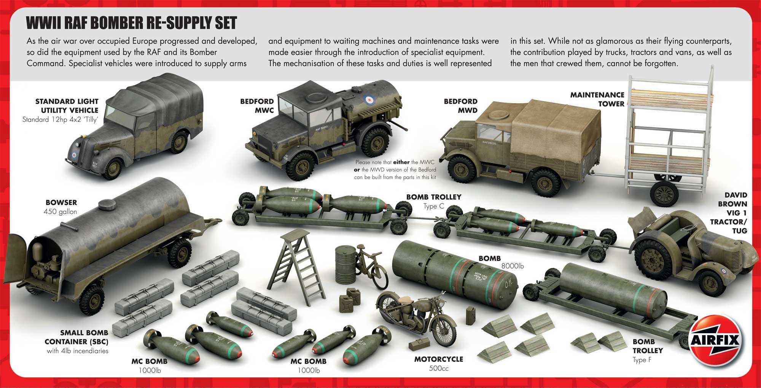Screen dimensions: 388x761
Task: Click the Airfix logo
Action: click(715, 340)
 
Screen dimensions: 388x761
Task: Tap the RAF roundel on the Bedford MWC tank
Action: click(369, 100)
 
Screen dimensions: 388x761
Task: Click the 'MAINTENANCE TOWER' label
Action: click(597, 99)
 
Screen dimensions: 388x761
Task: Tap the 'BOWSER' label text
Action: click(61, 202)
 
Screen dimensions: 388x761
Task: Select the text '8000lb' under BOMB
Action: click(513, 266)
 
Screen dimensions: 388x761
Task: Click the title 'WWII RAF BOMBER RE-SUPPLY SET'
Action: click(131, 23)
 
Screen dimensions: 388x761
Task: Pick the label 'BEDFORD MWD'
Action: click(460, 106)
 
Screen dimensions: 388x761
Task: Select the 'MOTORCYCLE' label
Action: click(439, 359)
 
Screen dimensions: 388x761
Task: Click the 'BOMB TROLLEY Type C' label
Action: click(433, 201)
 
